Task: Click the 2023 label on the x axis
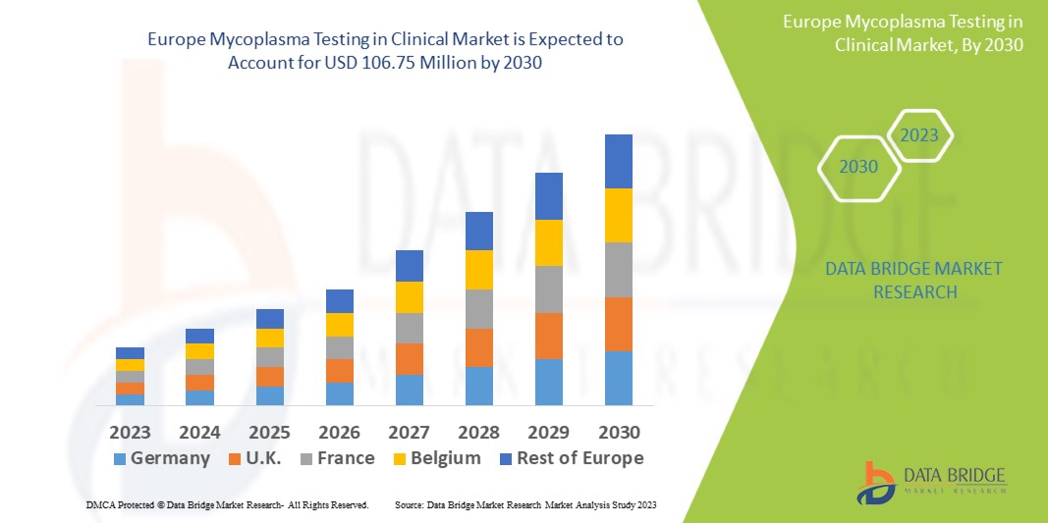130,432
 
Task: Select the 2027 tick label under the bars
410,432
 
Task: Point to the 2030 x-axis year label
619,432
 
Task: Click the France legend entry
337,458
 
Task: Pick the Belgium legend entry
436,458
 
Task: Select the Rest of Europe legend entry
570,458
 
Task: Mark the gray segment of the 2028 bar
479,308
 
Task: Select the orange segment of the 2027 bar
410,358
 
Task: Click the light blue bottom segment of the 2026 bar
340,393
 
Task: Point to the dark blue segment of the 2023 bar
130,353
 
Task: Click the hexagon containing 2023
919,135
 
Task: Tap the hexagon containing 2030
859,167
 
